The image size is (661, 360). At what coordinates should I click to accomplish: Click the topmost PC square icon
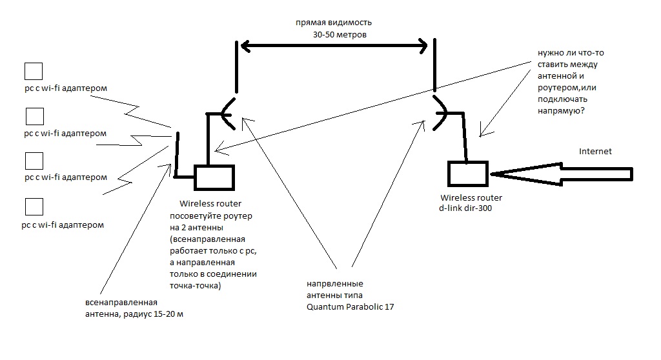point(34,71)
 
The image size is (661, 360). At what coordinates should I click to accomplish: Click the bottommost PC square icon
point(34,207)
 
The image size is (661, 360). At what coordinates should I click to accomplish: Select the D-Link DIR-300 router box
point(467,173)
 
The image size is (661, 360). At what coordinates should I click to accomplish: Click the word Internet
point(595,152)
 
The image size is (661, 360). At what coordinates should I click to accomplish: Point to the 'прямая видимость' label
point(330,21)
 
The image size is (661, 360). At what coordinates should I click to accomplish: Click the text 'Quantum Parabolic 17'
point(351,307)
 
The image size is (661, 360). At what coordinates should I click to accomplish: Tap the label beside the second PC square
point(65,134)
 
